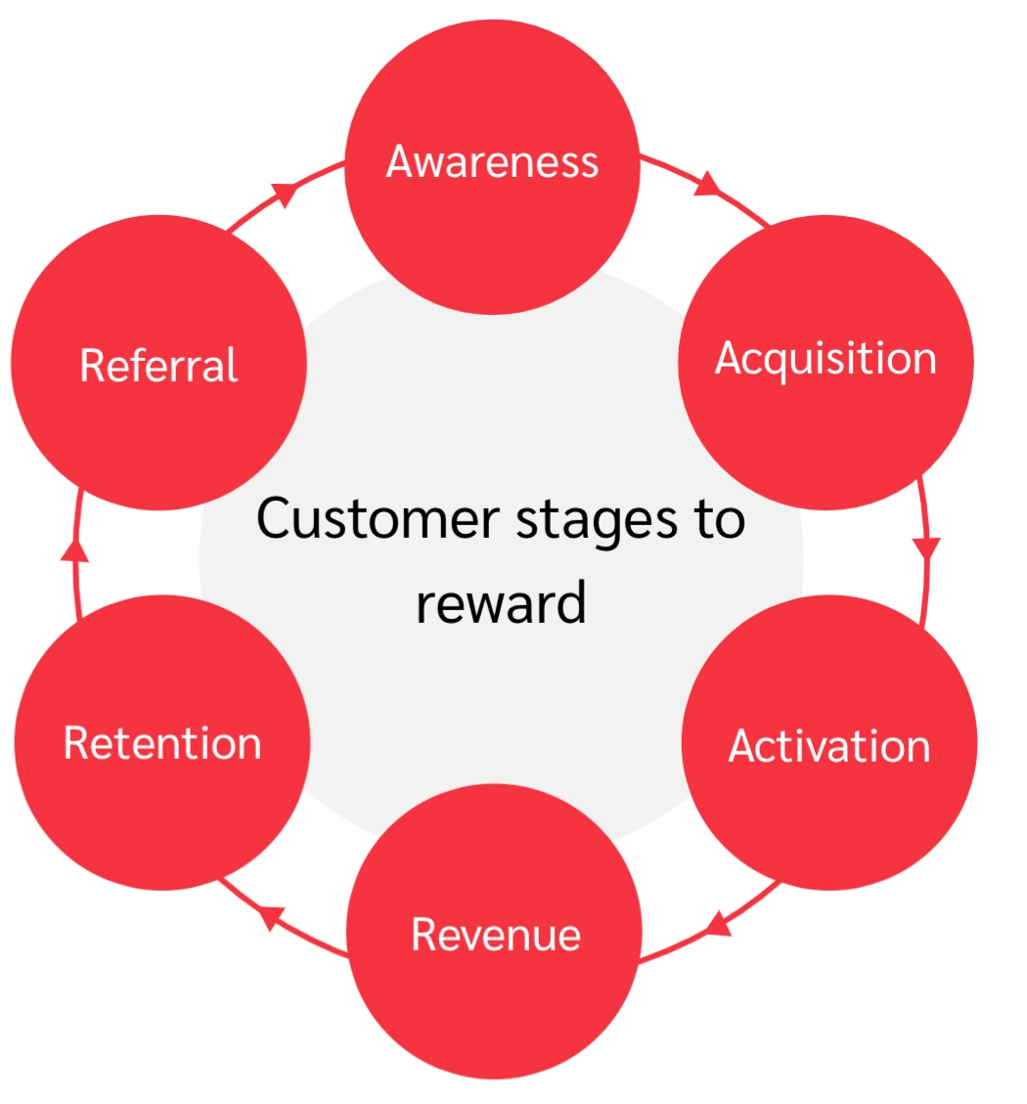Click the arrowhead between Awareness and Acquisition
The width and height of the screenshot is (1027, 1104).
click(x=707, y=184)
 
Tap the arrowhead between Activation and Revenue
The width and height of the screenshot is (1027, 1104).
click(x=718, y=923)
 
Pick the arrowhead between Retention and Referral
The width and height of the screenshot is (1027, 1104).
click(x=74, y=550)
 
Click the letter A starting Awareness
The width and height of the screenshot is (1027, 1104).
click(x=401, y=161)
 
